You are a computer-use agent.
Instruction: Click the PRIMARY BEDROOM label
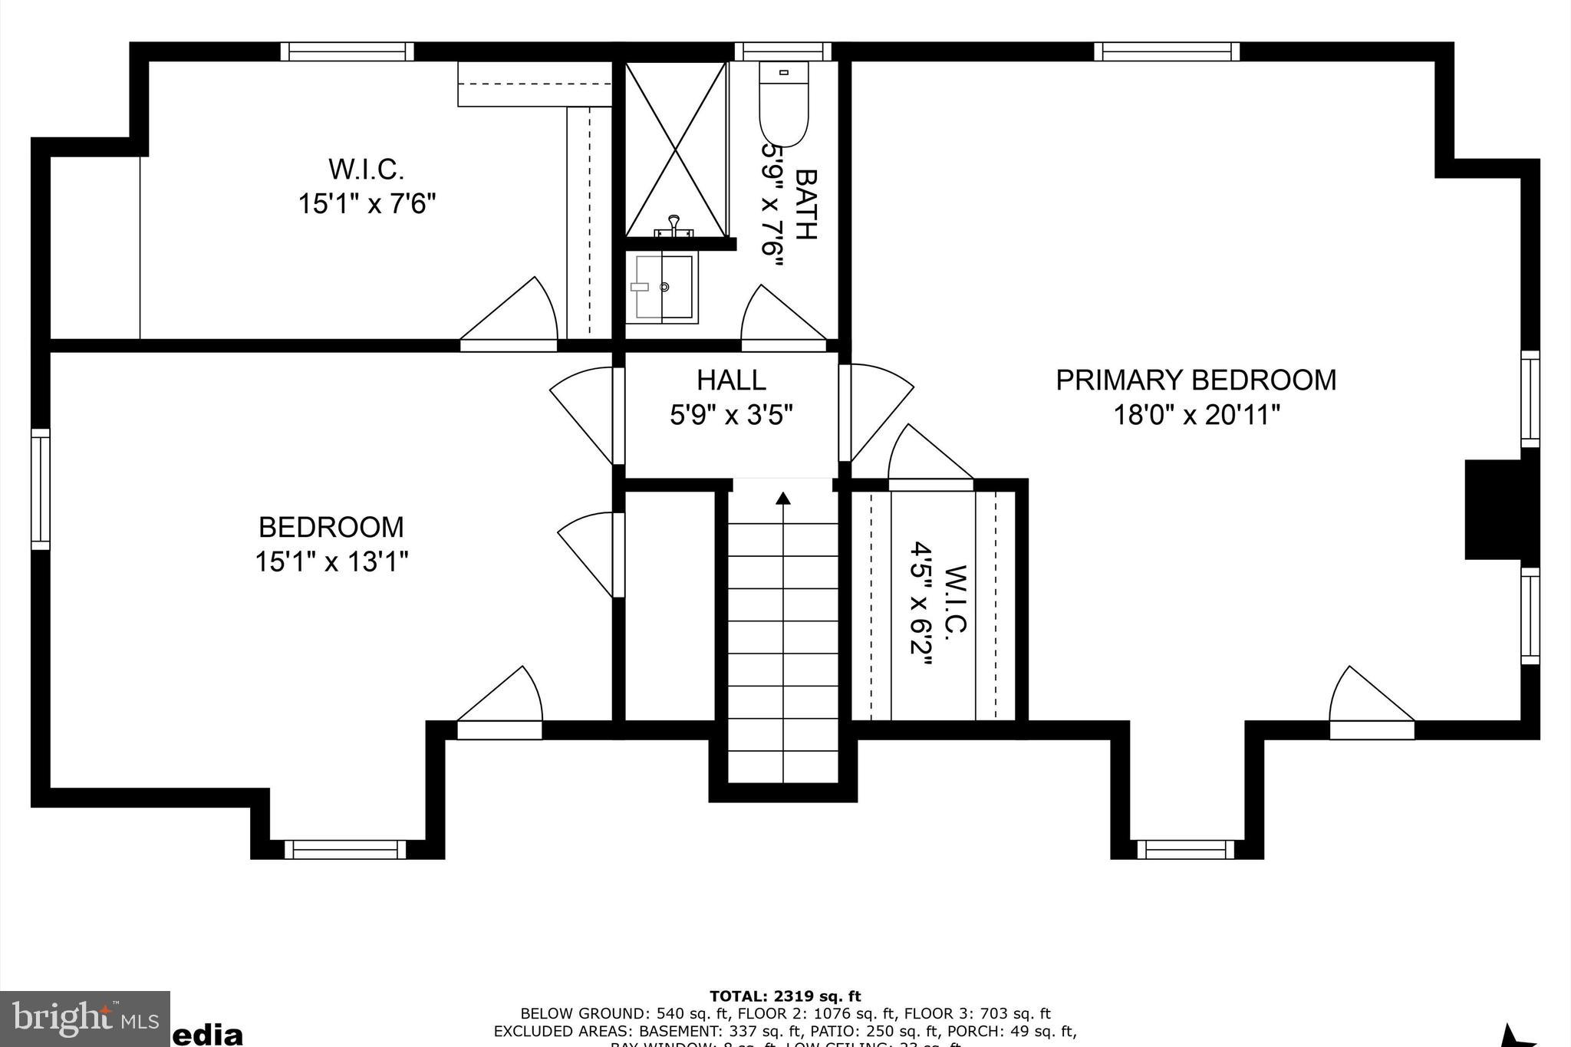click(x=1195, y=380)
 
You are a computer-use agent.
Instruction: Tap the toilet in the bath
click(x=783, y=104)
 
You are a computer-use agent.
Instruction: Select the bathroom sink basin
click(x=664, y=287)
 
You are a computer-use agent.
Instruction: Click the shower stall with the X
click(x=675, y=150)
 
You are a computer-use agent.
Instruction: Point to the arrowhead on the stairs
click(x=782, y=499)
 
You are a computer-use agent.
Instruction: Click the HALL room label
click(x=731, y=380)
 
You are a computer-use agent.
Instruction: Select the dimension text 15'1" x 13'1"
click(x=331, y=562)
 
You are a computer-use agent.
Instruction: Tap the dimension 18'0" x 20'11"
click(x=1196, y=416)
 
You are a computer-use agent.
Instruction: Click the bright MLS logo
click(x=84, y=1019)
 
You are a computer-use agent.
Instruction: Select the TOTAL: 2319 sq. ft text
click(x=785, y=996)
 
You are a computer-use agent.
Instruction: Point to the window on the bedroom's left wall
click(x=40, y=489)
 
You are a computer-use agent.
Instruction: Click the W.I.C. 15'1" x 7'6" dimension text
click(x=367, y=204)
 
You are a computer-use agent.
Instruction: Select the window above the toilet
click(x=782, y=51)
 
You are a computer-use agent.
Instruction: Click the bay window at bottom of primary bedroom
click(x=1185, y=850)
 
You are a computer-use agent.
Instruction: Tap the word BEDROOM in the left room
click(x=331, y=528)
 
